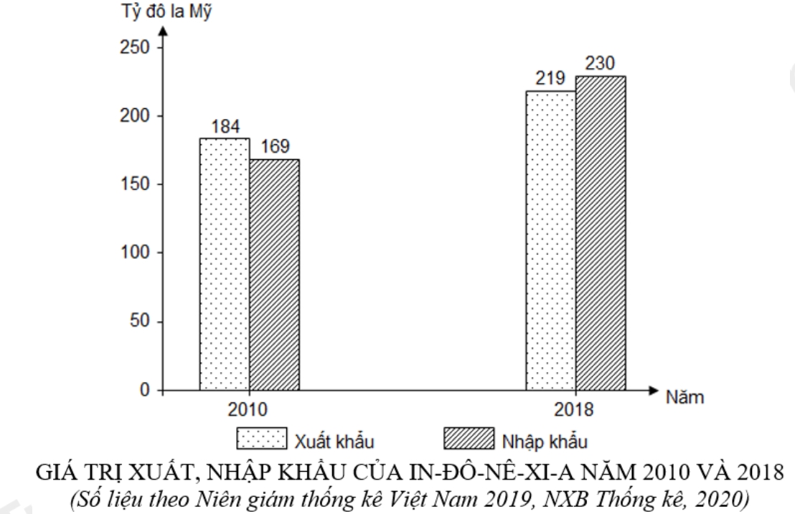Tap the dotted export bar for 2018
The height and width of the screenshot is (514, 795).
tap(550, 241)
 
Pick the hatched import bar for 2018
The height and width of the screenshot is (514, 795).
tap(601, 233)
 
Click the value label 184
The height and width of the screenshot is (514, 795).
tap(225, 126)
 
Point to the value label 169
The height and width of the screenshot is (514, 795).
tap(275, 147)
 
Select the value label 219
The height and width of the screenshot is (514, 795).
tap(550, 79)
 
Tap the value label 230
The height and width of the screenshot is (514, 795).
tap(600, 63)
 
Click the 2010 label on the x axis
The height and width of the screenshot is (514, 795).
tap(248, 410)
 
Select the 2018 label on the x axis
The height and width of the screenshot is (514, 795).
tap(574, 410)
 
